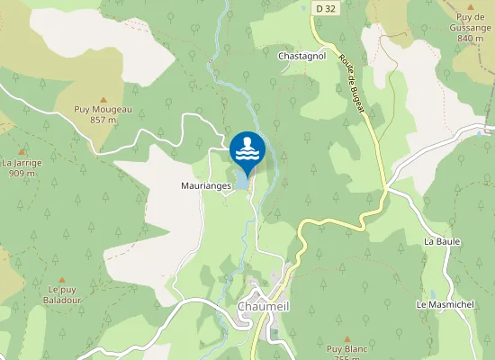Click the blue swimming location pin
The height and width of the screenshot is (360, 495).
[x=247, y=150]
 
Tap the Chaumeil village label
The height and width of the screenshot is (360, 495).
[x=263, y=307]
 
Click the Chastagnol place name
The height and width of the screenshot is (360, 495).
[x=301, y=56]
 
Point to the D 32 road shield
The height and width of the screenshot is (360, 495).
[x=325, y=8]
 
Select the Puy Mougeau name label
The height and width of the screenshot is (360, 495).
[x=103, y=109]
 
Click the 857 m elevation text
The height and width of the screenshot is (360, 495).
[x=103, y=119]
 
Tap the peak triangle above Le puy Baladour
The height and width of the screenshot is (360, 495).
[x=62, y=280]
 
